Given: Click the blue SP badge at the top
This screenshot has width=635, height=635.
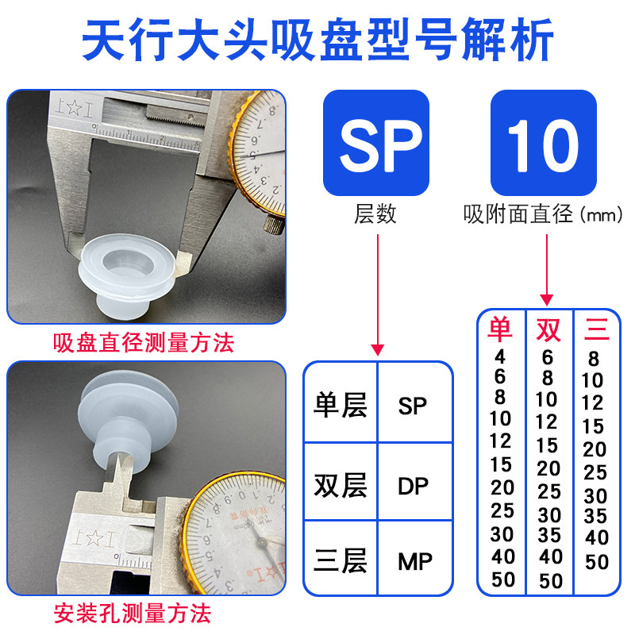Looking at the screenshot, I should (x=376, y=143).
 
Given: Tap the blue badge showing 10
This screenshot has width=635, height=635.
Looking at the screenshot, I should (x=543, y=143).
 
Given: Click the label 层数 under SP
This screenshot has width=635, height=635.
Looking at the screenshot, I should (x=375, y=214).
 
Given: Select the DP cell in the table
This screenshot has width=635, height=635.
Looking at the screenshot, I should (x=414, y=484).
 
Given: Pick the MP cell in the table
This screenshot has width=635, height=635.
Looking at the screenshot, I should (x=414, y=562).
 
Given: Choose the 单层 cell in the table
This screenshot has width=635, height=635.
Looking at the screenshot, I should (x=341, y=406).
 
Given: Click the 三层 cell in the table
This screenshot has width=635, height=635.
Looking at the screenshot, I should (x=341, y=562).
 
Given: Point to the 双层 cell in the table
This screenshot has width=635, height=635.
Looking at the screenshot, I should (x=341, y=484).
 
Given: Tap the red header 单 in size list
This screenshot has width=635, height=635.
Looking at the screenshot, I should (x=500, y=329).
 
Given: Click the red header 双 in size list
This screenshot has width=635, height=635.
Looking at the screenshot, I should (x=548, y=329).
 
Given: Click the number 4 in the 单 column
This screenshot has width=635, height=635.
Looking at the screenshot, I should (x=499, y=356).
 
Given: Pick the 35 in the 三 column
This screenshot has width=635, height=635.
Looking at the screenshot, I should (x=595, y=517).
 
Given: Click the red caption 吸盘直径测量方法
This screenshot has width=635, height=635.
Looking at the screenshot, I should (x=144, y=344).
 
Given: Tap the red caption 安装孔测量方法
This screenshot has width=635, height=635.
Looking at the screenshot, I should (x=133, y=614).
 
